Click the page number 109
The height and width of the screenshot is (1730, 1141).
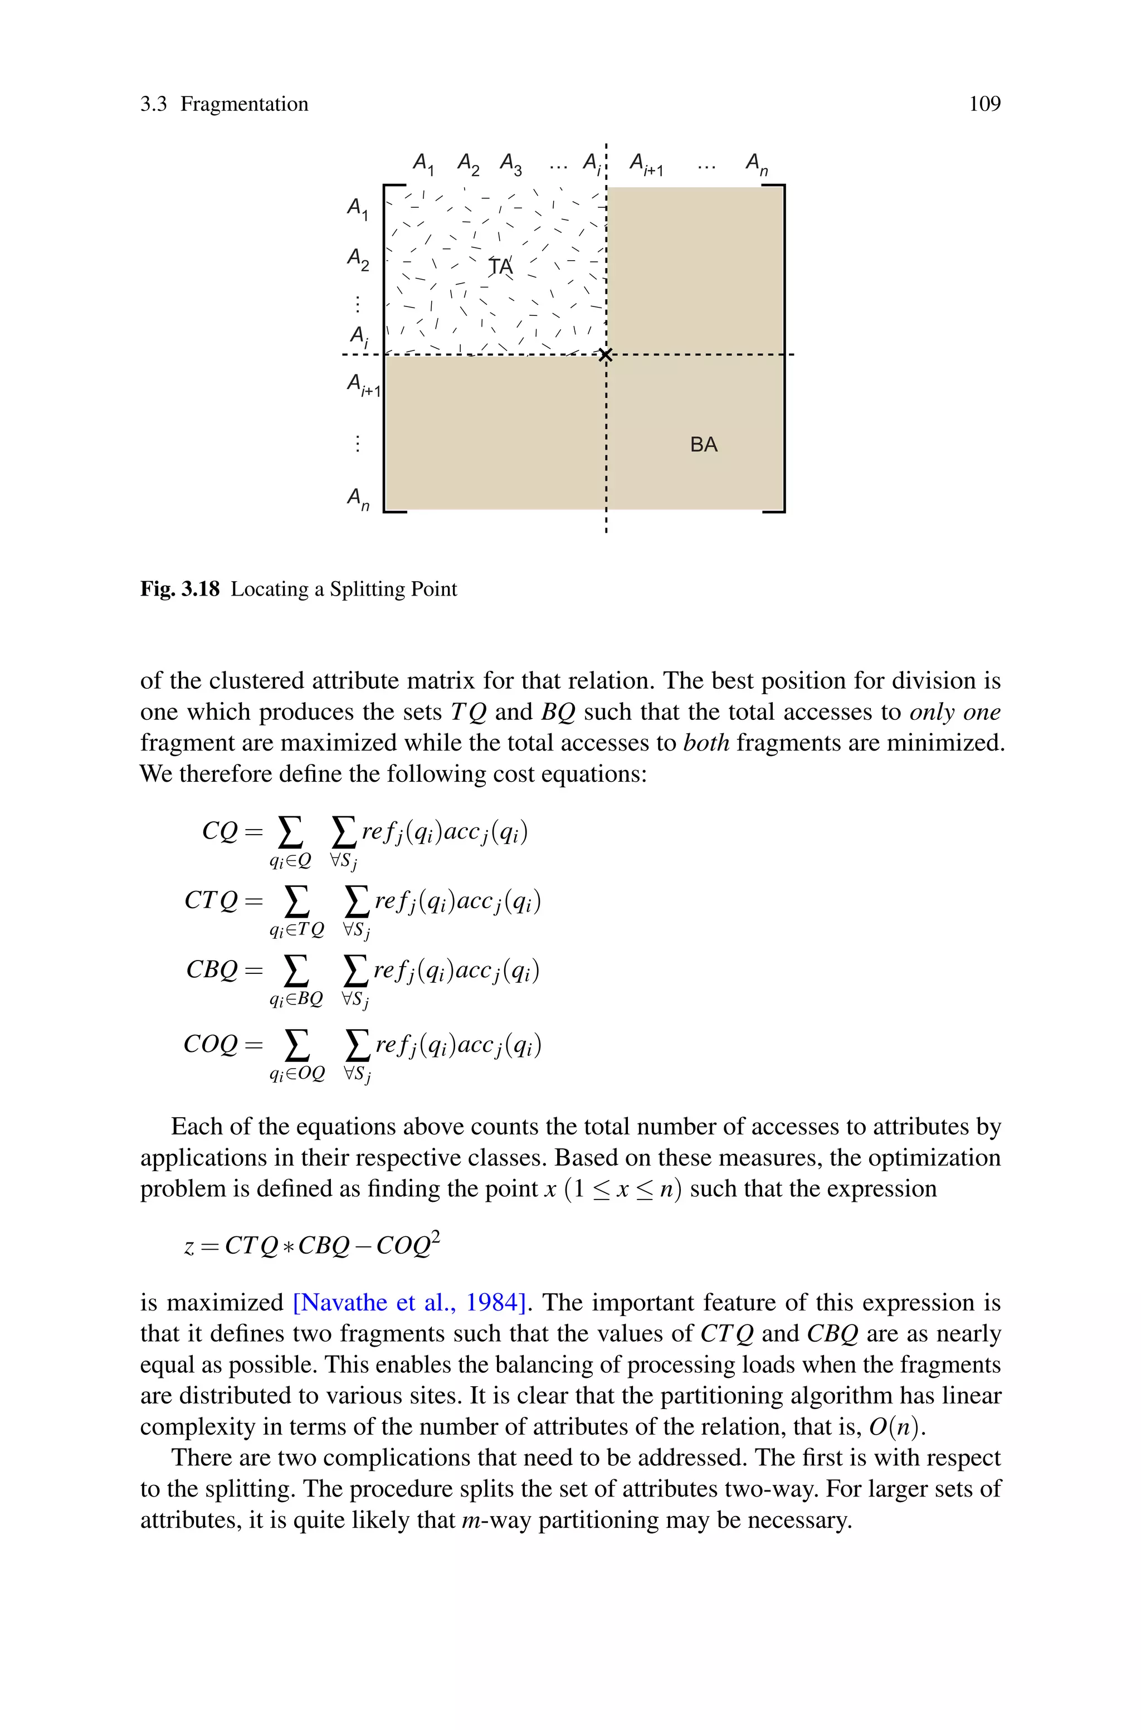[x=984, y=104]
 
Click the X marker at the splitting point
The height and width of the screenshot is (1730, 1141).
[x=606, y=355]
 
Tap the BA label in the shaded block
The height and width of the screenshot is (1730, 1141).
[x=704, y=445]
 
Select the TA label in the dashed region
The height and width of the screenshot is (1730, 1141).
[x=501, y=267]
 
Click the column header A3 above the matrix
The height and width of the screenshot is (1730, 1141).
[x=511, y=164]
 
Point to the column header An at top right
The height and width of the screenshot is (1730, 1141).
[x=757, y=164]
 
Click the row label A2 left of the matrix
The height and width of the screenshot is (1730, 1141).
[x=357, y=259]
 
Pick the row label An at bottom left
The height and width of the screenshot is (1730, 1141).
[x=357, y=499]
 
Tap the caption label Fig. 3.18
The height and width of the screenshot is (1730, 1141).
[x=180, y=588]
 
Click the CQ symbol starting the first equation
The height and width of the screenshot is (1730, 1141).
[x=220, y=831]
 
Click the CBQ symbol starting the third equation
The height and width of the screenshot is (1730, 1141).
[x=212, y=970]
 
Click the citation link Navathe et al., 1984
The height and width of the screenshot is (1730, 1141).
[x=409, y=1302]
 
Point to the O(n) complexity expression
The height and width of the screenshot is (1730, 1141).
[x=896, y=1427]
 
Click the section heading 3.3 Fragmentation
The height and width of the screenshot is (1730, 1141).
[x=224, y=104]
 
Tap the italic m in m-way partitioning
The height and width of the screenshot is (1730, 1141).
[x=469, y=1520]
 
